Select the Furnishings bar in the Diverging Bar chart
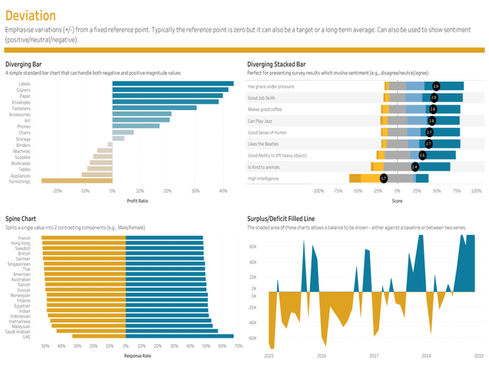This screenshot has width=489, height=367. pos(76,181)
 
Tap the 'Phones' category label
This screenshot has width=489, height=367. pos(24,126)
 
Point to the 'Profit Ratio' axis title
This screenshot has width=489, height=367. pos(138,200)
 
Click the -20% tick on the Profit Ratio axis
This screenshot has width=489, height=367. pos(57,190)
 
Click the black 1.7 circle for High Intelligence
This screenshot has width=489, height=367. pos(384,178)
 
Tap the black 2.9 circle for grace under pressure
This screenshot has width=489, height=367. pos(435,86)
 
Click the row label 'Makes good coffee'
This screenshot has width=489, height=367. pos(267,108)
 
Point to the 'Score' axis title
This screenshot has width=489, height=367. pos(397,200)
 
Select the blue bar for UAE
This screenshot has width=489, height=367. pos(179,336)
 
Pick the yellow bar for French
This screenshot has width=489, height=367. pos(83,238)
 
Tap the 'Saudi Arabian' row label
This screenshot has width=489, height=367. pos(19,330)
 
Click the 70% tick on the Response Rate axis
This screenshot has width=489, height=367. pos(237,346)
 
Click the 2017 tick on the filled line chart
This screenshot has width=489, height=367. pos(373,356)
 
